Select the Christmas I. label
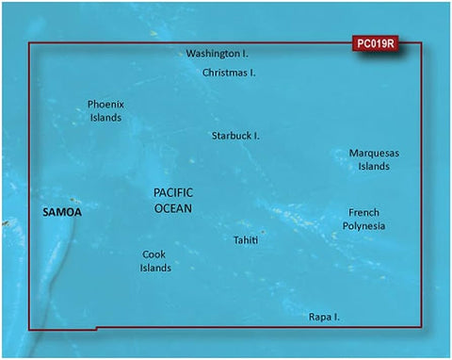[x=231, y=73]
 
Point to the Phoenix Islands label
[x=105, y=111]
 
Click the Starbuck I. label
[x=235, y=136]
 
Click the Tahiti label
[x=246, y=240]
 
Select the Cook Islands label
[x=156, y=261]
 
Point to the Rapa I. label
[x=324, y=318]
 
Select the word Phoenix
[x=105, y=105]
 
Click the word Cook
[x=154, y=254]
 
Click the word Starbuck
[x=230, y=136]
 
